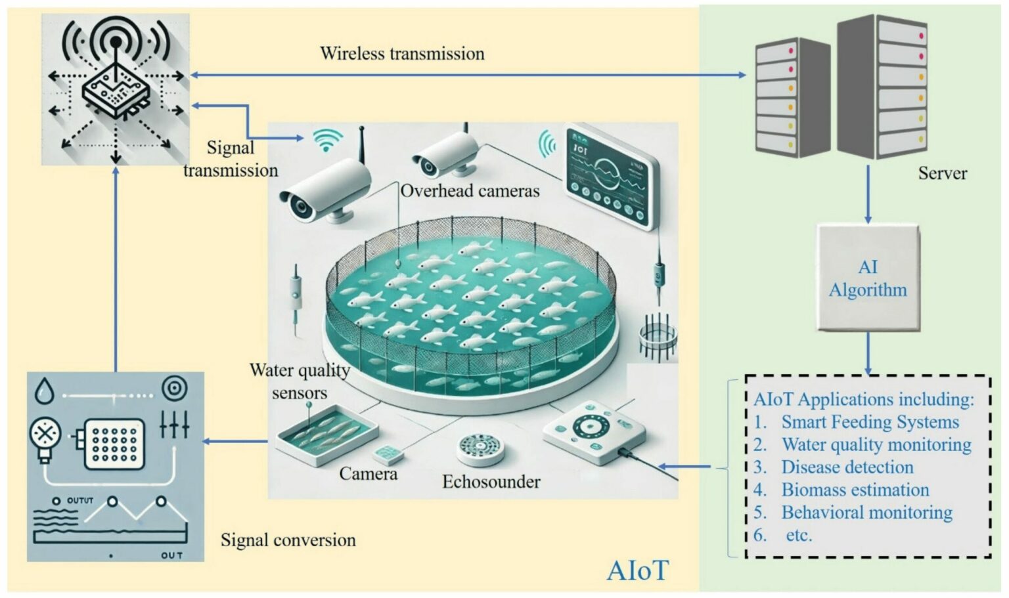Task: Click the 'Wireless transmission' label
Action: [x=402, y=53]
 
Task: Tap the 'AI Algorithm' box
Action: [x=867, y=278]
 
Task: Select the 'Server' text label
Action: [x=942, y=173]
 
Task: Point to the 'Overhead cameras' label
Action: [x=470, y=191]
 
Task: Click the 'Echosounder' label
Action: [x=491, y=482]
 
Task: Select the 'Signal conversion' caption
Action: [x=288, y=540]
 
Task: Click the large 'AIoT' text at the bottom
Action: [x=637, y=570]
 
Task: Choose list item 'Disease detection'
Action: [x=847, y=467]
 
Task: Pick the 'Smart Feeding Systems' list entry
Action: [x=870, y=421]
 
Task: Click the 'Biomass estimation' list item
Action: [x=855, y=490]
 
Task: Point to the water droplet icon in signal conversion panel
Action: [x=45, y=391]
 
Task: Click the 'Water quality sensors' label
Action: [x=300, y=381]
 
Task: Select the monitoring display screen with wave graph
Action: [x=611, y=177]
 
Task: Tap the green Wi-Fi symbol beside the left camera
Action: [x=327, y=140]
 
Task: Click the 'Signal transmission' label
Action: [x=230, y=159]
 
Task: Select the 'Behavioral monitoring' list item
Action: [x=866, y=513]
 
